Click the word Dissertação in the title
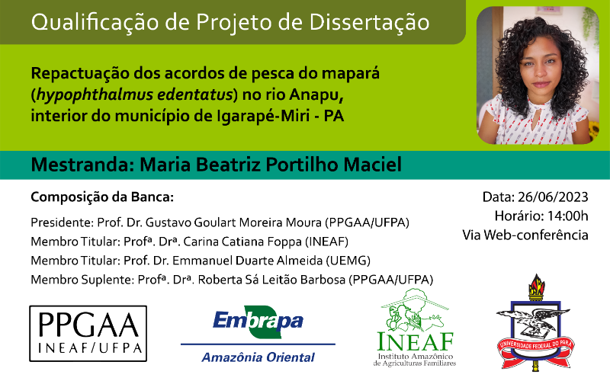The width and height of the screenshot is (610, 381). [369, 22]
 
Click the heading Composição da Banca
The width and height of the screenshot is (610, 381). [102, 197]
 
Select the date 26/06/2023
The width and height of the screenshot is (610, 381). [553, 197]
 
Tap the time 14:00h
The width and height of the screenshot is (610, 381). [567, 216]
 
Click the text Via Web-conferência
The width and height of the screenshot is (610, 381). [525, 235]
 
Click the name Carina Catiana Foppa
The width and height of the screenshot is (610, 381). [242, 242]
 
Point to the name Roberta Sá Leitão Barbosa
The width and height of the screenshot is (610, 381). [271, 280]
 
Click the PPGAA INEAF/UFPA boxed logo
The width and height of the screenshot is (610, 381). [88, 334]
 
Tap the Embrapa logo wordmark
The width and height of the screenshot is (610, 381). [258, 322]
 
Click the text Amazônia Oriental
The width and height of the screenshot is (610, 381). [258, 357]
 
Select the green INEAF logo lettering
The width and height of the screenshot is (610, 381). [415, 341]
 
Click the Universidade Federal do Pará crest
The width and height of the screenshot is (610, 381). [536, 322]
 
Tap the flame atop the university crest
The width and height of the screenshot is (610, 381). [536, 283]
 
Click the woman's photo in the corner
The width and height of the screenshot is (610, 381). [538, 75]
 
